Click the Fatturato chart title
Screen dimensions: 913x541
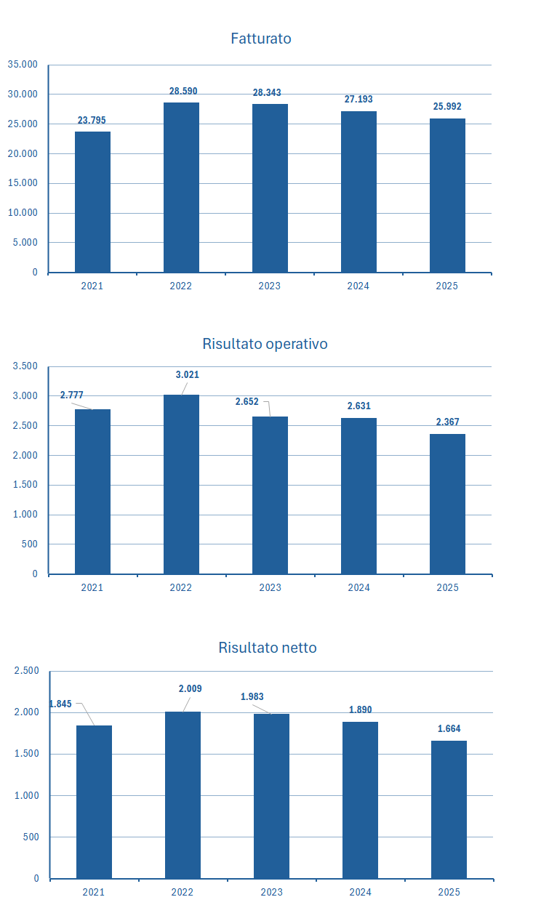260,39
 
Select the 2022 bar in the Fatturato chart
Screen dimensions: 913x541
181,187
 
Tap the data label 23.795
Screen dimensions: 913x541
92,121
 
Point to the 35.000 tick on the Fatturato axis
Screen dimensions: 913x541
23,65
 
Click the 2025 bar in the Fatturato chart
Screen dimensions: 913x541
447,195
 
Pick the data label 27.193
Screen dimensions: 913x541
358,100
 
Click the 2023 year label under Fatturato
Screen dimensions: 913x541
270,286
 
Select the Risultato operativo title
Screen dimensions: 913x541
265,344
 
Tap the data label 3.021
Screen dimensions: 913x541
187,375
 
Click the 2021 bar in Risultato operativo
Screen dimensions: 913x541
92,491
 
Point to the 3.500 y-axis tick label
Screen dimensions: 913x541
25,366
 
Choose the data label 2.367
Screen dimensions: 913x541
447,422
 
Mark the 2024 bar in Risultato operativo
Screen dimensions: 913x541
358,496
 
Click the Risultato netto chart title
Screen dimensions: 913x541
267,648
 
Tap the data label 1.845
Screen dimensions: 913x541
60,704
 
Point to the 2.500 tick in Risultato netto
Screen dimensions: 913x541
27,671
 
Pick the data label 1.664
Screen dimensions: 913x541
449,729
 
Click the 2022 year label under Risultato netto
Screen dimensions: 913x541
183,892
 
